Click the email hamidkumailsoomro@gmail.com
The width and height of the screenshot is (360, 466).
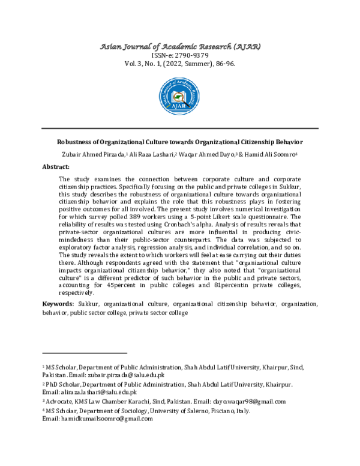pyautogui.click(x=97, y=419)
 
